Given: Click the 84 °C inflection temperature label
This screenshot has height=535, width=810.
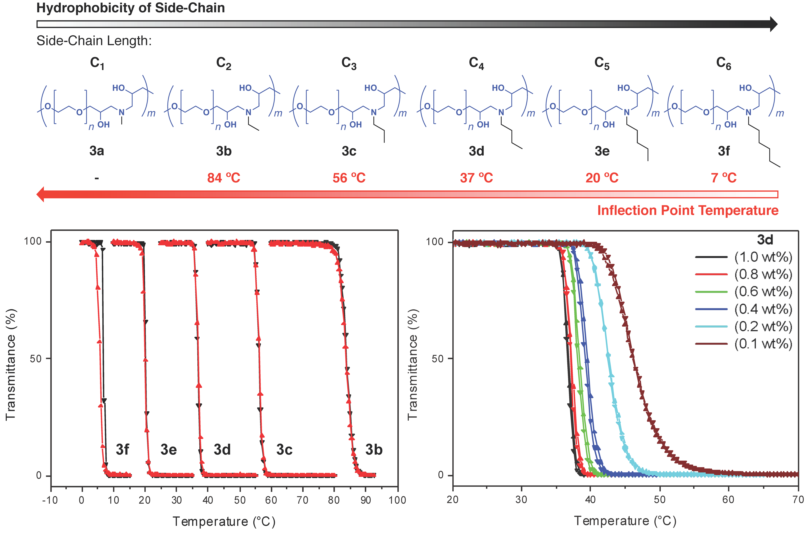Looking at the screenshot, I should point(224,178).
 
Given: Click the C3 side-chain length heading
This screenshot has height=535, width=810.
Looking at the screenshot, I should point(349,63).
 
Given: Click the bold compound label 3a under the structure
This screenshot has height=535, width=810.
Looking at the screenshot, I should point(97,151).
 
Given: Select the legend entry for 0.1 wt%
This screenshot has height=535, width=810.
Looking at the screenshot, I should point(763,344).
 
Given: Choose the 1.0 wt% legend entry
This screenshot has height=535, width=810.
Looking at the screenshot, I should point(763,257).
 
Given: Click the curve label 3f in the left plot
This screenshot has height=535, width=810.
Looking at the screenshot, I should point(122,450).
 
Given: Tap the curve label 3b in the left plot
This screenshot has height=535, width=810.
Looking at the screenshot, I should point(374,450).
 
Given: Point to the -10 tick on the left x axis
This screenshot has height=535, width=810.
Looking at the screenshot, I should point(50,500).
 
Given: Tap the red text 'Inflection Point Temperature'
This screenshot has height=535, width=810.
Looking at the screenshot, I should point(688,210).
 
